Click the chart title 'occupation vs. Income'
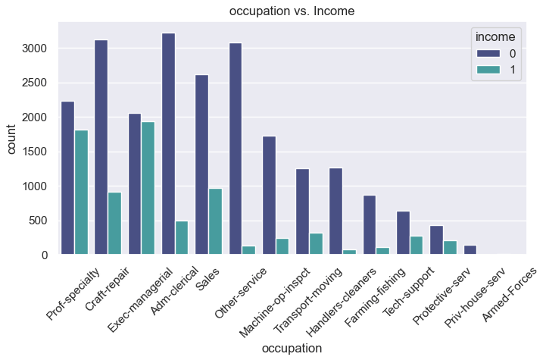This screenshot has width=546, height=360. [292, 11]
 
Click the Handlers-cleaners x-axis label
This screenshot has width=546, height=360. [332, 301]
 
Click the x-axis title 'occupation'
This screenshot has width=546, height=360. [292, 348]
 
